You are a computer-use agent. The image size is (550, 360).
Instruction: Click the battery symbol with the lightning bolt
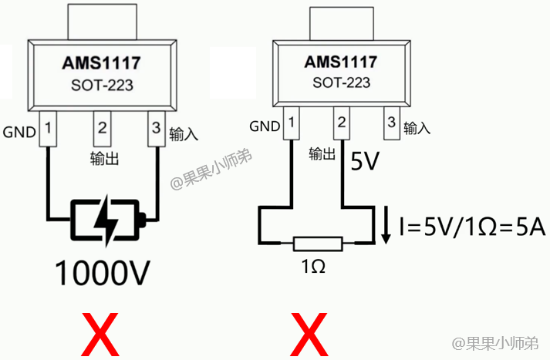click(x=106, y=222)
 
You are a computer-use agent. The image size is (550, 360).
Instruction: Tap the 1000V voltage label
click(x=101, y=271)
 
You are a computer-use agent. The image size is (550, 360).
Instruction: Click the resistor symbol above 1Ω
click(x=317, y=245)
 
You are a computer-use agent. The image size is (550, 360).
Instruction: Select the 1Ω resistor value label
click(x=312, y=267)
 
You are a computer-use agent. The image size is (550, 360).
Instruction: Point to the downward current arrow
click(x=386, y=224)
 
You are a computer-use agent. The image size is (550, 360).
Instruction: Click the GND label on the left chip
click(x=19, y=132)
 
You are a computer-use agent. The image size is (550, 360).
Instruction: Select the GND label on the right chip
click(x=265, y=126)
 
